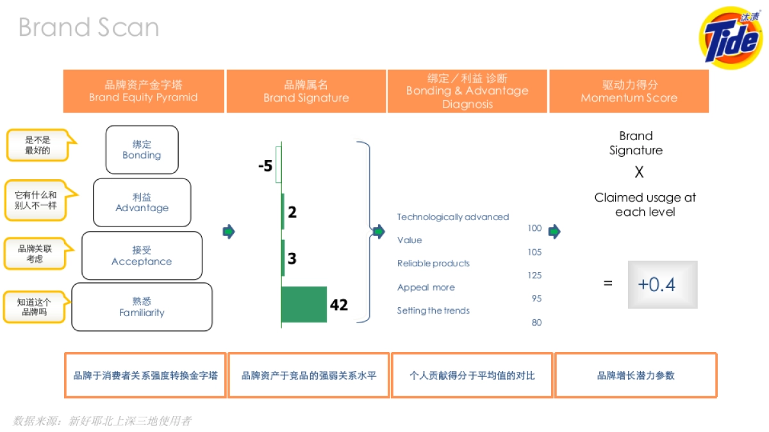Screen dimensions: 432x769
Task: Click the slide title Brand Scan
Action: pyautogui.click(x=88, y=28)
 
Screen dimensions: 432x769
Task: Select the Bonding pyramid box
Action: pyautogui.click(x=142, y=150)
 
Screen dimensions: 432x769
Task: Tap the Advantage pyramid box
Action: pyautogui.click(x=142, y=202)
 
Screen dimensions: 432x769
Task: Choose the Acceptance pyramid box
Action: pyautogui.click(x=142, y=255)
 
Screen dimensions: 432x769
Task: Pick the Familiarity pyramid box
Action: pyautogui.click(x=142, y=307)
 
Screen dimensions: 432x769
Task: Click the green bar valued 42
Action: pyautogui.click(x=304, y=304)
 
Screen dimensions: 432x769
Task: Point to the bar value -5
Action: pyautogui.click(x=265, y=166)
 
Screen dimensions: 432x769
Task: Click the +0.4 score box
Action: pyautogui.click(x=662, y=284)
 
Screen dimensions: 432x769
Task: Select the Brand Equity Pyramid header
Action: pyautogui.click(x=144, y=91)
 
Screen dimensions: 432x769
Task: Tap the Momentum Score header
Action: pyautogui.click(x=629, y=91)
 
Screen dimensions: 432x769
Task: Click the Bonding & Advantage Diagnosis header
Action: pyautogui.click(x=467, y=91)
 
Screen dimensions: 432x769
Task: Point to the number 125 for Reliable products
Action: pyautogui.click(x=534, y=275)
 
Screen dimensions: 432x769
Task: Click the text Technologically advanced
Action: pyautogui.click(x=453, y=217)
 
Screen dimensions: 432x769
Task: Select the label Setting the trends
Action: pyautogui.click(x=433, y=310)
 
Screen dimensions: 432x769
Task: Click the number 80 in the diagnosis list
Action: pyautogui.click(x=536, y=323)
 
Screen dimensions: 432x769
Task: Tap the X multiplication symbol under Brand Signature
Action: pyautogui.click(x=638, y=173)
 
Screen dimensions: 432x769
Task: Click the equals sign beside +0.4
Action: pyautogui.click(x=608, y=283)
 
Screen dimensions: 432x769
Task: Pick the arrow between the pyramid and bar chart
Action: pyautogui.click(x=229, y=232)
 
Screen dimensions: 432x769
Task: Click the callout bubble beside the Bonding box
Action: pyautogui.click(x=38, y=145)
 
